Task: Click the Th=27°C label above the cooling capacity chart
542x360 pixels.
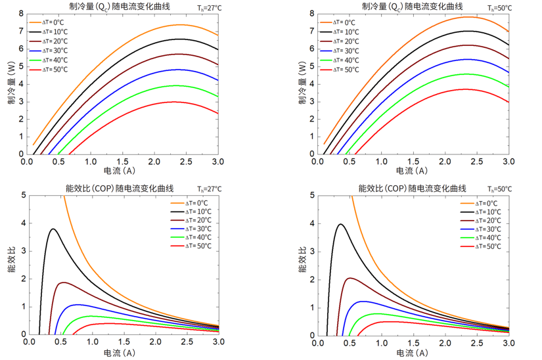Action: click(x=209, y=9)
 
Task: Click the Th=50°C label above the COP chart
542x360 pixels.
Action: click(x=499, y=189)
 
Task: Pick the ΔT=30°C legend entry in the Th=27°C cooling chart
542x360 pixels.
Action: click(x=47, y=51)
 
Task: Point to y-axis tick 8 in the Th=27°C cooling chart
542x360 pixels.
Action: click(x=21, y=14)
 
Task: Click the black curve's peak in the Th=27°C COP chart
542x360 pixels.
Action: click(x=52, y=229)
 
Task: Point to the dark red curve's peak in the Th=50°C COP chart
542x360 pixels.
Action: click(x=350, y=278)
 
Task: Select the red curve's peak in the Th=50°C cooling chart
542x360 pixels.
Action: click(x=465, y=89)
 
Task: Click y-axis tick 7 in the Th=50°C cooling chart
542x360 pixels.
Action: click(x=313, y=31)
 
